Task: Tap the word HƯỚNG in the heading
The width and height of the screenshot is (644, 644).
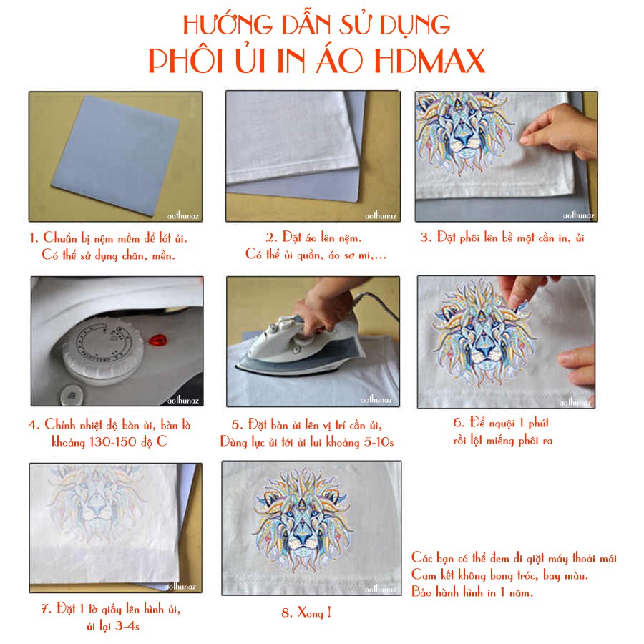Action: pyautogui.click(x=228, y=24)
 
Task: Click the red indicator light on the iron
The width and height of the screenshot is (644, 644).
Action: pyautogui.click(x=157, y=340)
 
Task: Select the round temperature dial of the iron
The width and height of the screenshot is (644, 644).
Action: pyautogui.click(x=104, y=348)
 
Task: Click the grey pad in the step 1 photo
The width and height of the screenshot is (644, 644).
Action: pyautogui.click(x=116, y=155)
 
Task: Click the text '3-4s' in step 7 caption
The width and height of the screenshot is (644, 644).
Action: pyautogui.click(x=127, y=626)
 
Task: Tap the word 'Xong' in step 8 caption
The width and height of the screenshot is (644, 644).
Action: pyautogui.click(x=311, y=613)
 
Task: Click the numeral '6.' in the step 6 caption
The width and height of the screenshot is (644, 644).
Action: pyautogui.click(x=459, y=422)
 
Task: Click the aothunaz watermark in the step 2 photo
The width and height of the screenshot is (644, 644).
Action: pyautogui.click(x=381, y=216)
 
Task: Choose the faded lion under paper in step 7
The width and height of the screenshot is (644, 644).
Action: pyautogui.click(x=96, y=502)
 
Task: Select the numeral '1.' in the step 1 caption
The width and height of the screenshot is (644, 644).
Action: pyautogui.click(x=34, y=238)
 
